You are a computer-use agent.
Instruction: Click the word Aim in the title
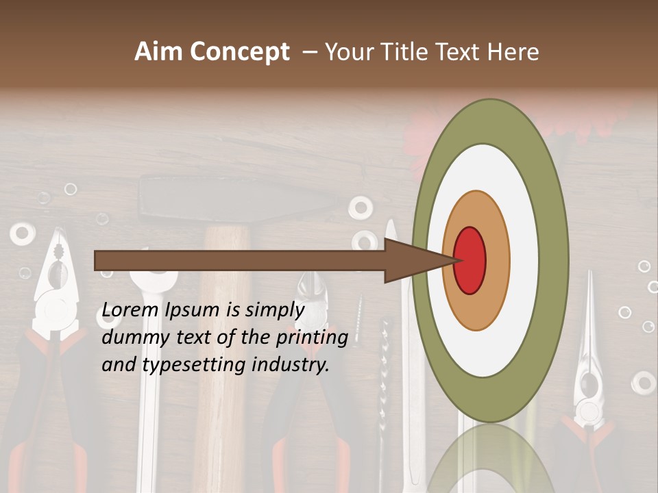(x=158, y=52)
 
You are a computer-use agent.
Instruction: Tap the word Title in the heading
(x=404, y=52)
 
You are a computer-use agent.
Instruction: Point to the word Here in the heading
(x=513, y=52)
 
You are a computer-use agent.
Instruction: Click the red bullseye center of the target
(x=470, y=260)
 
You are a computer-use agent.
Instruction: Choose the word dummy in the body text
(x=132, y=338)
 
